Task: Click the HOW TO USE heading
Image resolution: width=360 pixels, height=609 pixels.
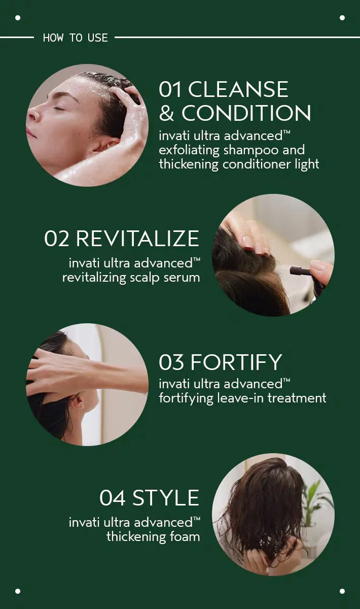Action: click(75, 38)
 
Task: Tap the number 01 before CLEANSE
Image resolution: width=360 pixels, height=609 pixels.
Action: click(170, 89)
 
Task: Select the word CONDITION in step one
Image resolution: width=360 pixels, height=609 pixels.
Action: click(246, 113)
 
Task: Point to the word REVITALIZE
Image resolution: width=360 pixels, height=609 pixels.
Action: click(137, 239)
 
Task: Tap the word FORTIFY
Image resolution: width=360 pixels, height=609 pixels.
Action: click(236, 362)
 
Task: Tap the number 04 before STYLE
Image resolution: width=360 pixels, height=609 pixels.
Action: click(113, 498)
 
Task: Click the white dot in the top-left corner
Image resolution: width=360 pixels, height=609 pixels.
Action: click(18, 18)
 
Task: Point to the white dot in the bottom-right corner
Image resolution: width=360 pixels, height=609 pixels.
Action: click(342, 591)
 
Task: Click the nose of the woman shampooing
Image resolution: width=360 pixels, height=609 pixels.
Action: click(32, 114)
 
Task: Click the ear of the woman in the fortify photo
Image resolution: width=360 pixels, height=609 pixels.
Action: click(77, 402)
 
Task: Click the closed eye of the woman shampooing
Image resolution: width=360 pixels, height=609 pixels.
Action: click(58, 109)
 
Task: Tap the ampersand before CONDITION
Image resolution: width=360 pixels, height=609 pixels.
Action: click(166, 113)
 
